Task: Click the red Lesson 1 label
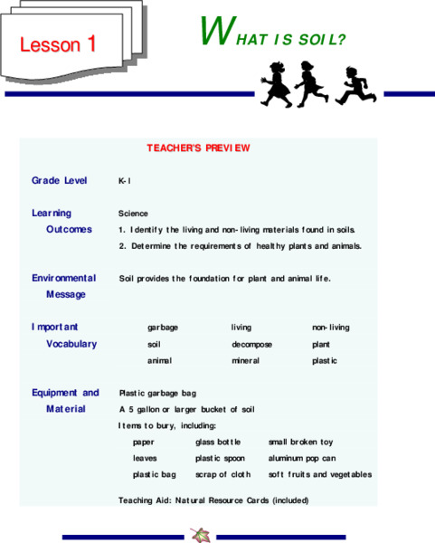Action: [x=58, y=43]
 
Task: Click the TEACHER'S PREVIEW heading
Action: [x=198, y=148]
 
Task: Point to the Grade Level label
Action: [x=60, y=180]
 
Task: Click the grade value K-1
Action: [x=125, y=181]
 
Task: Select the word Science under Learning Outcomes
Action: [x=133, y=214]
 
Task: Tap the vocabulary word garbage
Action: [x=163, y=328]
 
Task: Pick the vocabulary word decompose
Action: [x=251, y=344]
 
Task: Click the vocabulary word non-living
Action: [x=330, y=328]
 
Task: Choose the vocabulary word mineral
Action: [x=245, y=361]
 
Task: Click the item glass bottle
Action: [x=218, y=443]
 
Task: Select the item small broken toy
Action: [x=300, y=443]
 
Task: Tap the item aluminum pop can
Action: [x=302, y=459]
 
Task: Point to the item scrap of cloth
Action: [x=222, y=475]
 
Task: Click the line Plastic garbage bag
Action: [x=157, y=394]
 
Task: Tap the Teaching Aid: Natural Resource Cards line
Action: [x=213, y=500]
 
